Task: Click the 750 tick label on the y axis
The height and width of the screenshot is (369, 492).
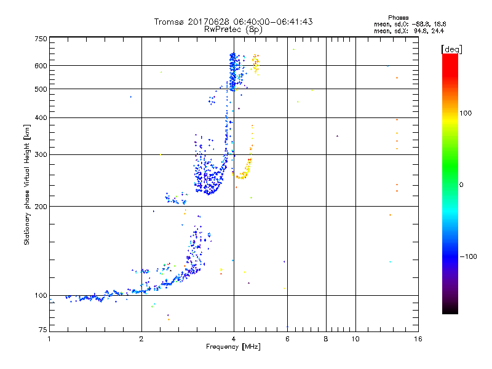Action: tap(40, 39)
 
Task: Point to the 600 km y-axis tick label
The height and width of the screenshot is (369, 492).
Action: tap(40, 66)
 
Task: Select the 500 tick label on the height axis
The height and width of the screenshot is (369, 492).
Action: tap(40, 89)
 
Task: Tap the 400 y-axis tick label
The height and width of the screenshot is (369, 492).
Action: tap(40, 118)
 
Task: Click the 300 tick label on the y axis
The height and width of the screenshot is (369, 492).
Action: tap(40, 155)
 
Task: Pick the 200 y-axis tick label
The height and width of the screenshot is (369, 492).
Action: tap(40, 207)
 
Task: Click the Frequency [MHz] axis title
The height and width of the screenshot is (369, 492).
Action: tap(233, 347)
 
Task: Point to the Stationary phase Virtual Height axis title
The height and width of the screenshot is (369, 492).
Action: tap(27, 184)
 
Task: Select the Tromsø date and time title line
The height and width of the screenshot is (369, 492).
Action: tap(233, 22)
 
